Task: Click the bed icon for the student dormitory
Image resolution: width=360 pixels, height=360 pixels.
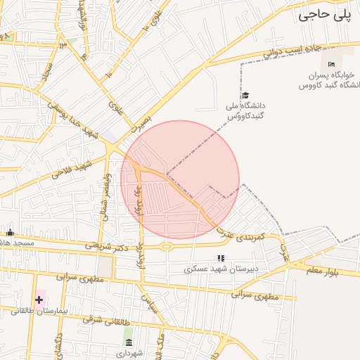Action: [332, 65]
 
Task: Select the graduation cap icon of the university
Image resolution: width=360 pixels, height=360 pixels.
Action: [245, 96]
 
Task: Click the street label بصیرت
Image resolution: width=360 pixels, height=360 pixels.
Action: [140, 122]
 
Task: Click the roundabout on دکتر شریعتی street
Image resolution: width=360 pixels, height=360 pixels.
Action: [167, 246]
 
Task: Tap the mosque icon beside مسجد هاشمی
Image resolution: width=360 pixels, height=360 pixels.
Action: [10, 233]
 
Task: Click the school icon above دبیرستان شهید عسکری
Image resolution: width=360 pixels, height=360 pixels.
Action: [221, 259]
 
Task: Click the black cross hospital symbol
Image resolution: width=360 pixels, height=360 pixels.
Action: [39, 300]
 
